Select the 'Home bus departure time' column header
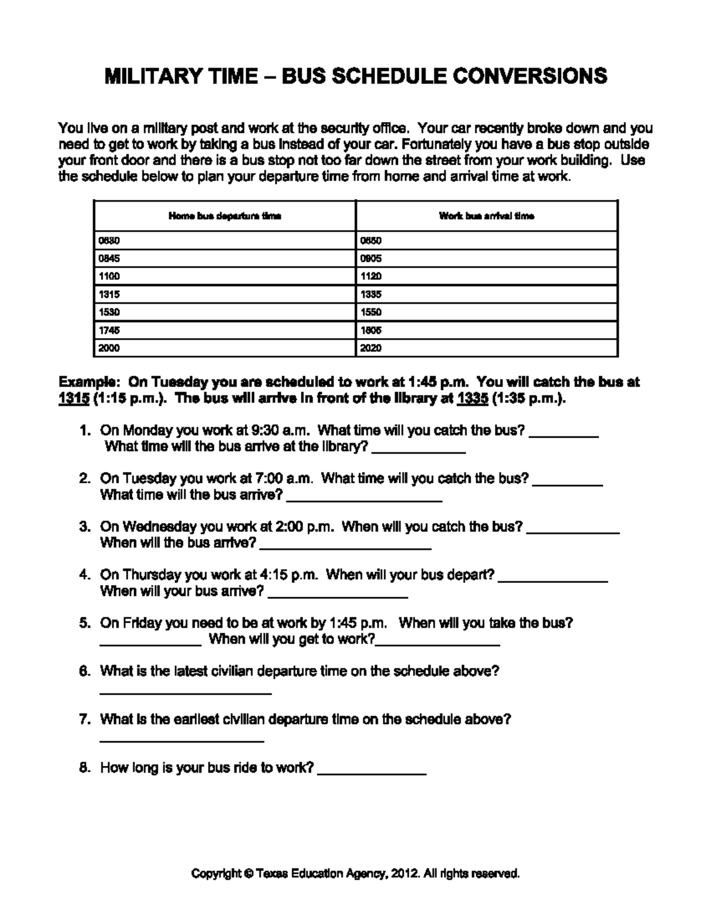pos(225,216)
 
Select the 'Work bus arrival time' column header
pos(486,216)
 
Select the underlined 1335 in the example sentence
pos(473,399)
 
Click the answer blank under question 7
pos(181,740)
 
